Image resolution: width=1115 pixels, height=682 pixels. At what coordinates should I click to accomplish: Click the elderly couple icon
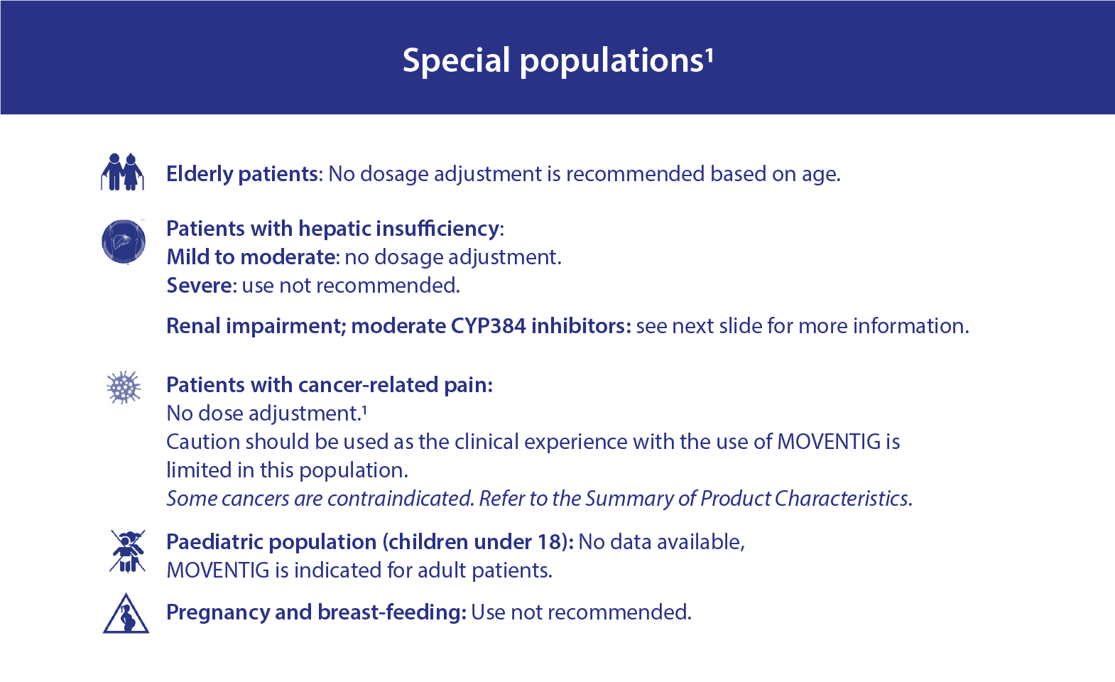pyautogui.click(x=122, y=172)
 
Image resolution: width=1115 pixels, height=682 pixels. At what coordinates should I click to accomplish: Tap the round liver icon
pyautogui.click(x=124, y=242)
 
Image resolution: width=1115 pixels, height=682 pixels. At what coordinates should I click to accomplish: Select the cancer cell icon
pyautogui.click(x=124, y=387)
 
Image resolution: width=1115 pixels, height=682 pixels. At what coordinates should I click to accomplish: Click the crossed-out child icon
pyautogui.click(x=127, y=551)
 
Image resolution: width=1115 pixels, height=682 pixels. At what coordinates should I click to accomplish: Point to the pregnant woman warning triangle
pyautogui.click(x=126, y=613)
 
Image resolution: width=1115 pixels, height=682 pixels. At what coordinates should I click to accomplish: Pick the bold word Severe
pyautogui.click(x=199, y=286)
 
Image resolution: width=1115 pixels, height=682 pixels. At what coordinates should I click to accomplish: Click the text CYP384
pyautogui.click(x=489, y=326)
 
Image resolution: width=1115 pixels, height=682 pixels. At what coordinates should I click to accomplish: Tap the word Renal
pyautogui.click(x=193, y=325)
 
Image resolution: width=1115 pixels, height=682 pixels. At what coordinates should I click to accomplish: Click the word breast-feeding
pyautogui.click(x=392, y=612)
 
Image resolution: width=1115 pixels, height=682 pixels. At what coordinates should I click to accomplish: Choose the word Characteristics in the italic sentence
pyautogui.click(x=806, y=498)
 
